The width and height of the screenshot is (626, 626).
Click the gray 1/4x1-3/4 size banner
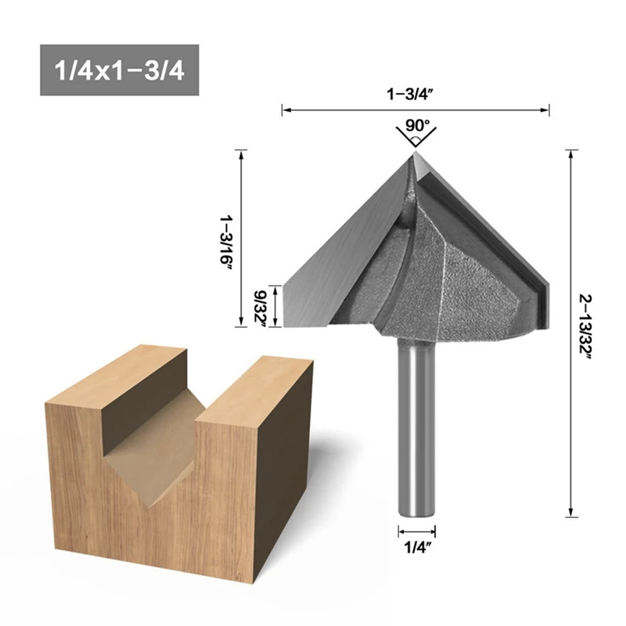[120, 70]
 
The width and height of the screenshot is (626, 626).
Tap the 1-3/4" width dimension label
[410, 95]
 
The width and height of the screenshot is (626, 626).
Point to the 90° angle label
[418, 125]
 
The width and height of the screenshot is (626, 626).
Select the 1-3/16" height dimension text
[226, 243]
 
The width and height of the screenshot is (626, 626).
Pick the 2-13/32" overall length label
[585, 327]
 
